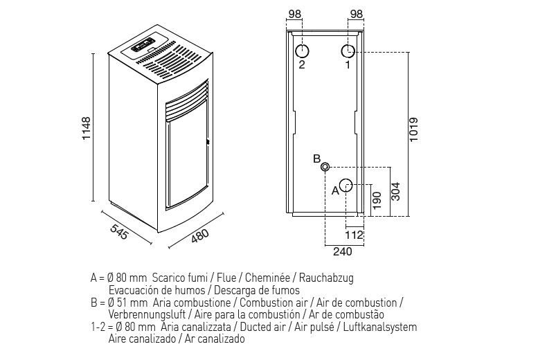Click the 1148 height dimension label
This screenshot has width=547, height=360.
click(86, 128)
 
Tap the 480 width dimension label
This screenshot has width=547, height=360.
click(199, 235)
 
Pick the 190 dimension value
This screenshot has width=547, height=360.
click(377, 199)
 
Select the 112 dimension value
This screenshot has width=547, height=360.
click(354, 235)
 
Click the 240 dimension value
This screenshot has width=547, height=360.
click(343, 251)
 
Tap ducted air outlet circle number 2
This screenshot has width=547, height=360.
click(302, 51)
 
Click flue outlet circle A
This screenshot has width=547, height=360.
click(346, 186)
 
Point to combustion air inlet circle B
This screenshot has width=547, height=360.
click(325, 166)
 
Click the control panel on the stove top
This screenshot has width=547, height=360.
click(144, 48)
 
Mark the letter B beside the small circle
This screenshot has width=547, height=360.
click(316, 159)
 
